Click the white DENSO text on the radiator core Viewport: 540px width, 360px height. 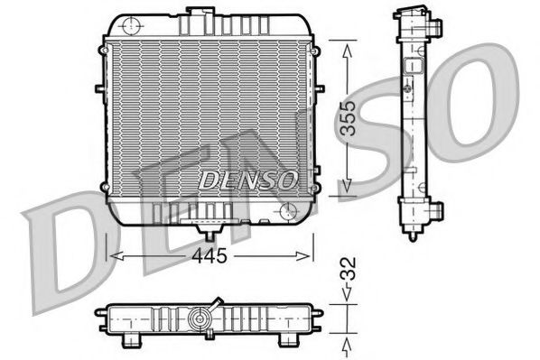click(x=247, y=180)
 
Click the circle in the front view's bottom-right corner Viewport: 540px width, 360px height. click(x=289, y=211)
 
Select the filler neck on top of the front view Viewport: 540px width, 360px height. click(x=195, y=12)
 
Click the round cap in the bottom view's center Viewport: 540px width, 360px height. click(x=200, y=318)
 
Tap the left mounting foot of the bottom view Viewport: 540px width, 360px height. click(x=133, y=340)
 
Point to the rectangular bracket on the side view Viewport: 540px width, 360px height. click(x=416, y=68)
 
